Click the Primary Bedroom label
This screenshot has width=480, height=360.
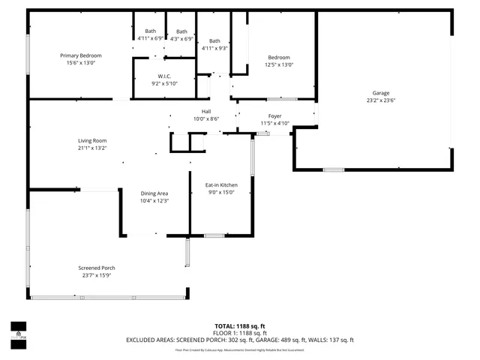81,55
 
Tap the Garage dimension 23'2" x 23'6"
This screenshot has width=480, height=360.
381,100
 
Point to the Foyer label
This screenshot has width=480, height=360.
274,115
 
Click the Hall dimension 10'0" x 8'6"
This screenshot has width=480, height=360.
205,118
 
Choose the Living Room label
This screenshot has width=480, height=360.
93,140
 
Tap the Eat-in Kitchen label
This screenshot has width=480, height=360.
221,184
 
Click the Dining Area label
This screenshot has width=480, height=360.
154,193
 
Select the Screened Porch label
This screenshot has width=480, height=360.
97,268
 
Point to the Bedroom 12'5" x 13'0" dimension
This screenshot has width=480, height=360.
279,64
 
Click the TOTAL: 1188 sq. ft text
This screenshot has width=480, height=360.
240,325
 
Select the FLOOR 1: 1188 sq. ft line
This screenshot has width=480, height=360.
240,332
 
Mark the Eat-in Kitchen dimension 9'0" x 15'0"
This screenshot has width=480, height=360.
221,192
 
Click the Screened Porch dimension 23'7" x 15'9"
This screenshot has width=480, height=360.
97,275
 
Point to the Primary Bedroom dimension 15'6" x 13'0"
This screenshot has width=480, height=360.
81,63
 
